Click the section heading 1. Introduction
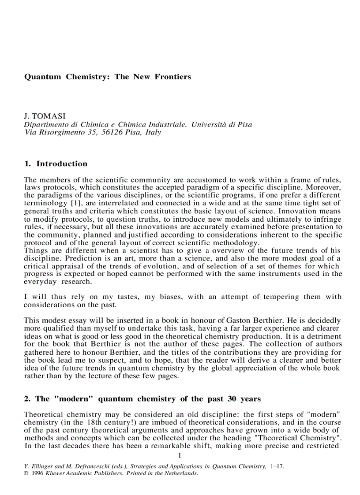tap(56, 164)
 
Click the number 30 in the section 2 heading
tap(232, 399)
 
